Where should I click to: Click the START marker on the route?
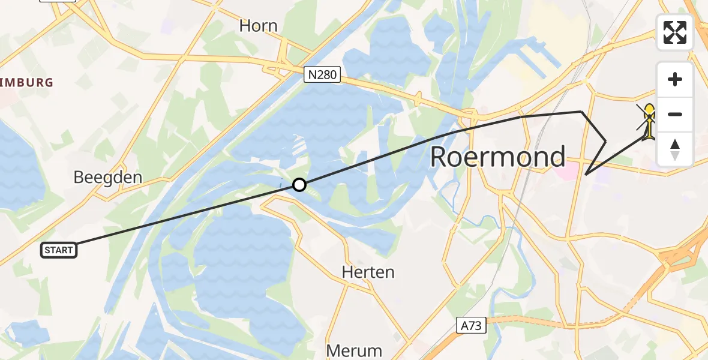click(x=59, y=250)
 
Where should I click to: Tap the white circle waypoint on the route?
click(x=299, y=185)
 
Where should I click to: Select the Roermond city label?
click(x=497, y=157)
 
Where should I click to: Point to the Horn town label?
click(x=258, y=26)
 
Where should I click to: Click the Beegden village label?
click(x=108, y=177)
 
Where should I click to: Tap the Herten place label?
click(x=368, y=272)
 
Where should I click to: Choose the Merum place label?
click(x=354, y=350)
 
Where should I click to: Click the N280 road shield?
click(x=322, y=75)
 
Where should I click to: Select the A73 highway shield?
click(x=470, y=326)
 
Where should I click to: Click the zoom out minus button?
click(x=675, y=115)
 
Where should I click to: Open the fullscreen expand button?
click(x=675, y=32)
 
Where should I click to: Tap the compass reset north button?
click(x=675, y=149)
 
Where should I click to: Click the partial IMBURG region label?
click(x=27, y=82)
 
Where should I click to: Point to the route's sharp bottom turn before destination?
click(x=586, y=175)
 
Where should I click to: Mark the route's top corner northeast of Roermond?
click(x=581, y=112)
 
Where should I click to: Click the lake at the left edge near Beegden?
click(x=18, y=168)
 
